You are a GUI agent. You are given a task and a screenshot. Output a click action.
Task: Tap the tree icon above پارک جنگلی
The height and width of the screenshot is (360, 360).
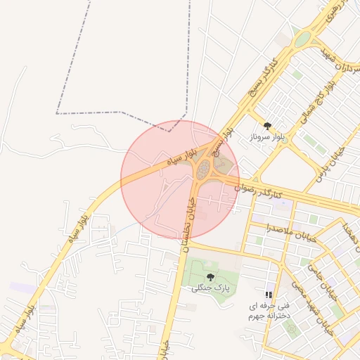[212, 276]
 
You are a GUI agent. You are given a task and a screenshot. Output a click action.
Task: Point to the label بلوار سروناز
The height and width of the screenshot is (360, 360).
[266, 138]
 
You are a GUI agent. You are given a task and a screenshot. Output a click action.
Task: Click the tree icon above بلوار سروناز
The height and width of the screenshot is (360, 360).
[266, 126]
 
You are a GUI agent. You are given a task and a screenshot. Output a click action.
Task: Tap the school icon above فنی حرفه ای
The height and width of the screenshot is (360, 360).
[268, 294]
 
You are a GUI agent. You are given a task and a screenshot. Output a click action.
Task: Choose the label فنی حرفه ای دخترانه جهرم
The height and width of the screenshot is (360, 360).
[268, 311]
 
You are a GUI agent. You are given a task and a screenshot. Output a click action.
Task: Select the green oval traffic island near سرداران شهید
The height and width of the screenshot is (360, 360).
[302, 40]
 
